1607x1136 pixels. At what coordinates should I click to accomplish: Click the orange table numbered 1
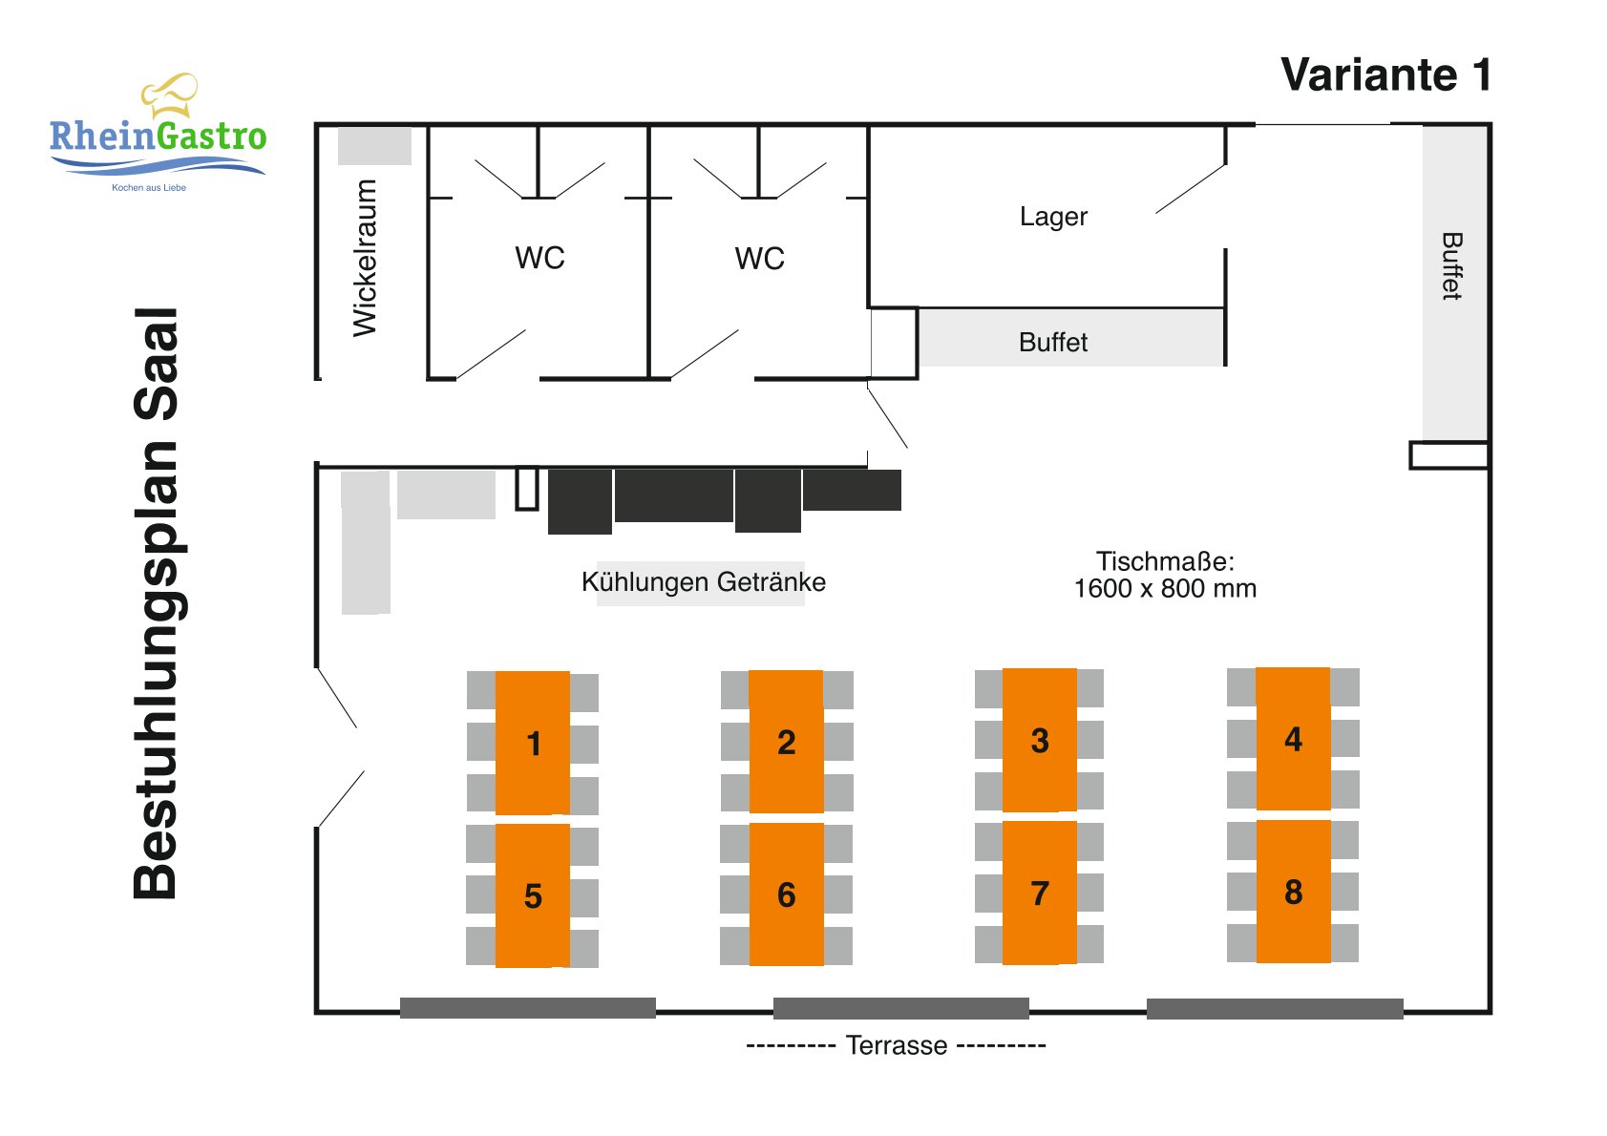coord(532,743)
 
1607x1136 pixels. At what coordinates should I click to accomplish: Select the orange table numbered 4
coord(1293,739)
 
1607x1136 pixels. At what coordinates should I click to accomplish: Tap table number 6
coord(786,894)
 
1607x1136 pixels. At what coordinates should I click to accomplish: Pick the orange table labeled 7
coord(1040,893)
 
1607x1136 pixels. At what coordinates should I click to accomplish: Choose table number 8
coord(1294,892)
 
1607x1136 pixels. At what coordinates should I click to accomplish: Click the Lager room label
coord(1053,216)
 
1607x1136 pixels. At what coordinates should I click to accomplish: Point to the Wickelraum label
coord(365,258)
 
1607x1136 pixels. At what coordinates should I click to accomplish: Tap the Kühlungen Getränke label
coord(703,581)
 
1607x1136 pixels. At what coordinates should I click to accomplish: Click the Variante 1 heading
coord(1386,74)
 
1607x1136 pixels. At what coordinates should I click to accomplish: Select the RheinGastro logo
coord(158,133)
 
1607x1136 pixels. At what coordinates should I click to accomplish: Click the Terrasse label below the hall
coord(896,1045)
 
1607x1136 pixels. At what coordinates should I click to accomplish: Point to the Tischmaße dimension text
coord(1165,575)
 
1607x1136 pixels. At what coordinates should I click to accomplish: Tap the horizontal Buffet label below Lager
coord(1053,342)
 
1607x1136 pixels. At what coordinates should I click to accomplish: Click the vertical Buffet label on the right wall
coord(1452,266)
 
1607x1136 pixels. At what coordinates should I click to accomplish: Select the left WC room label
coord(539,258)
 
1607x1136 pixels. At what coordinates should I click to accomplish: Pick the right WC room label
coord(760,258)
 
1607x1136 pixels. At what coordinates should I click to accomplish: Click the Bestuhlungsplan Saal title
coord(156,603)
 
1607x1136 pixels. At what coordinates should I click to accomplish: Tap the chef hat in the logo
coord(169,95)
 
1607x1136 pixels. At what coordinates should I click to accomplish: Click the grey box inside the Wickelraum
coord(374,146)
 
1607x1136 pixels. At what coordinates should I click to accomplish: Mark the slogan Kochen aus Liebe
coord(149,188)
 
